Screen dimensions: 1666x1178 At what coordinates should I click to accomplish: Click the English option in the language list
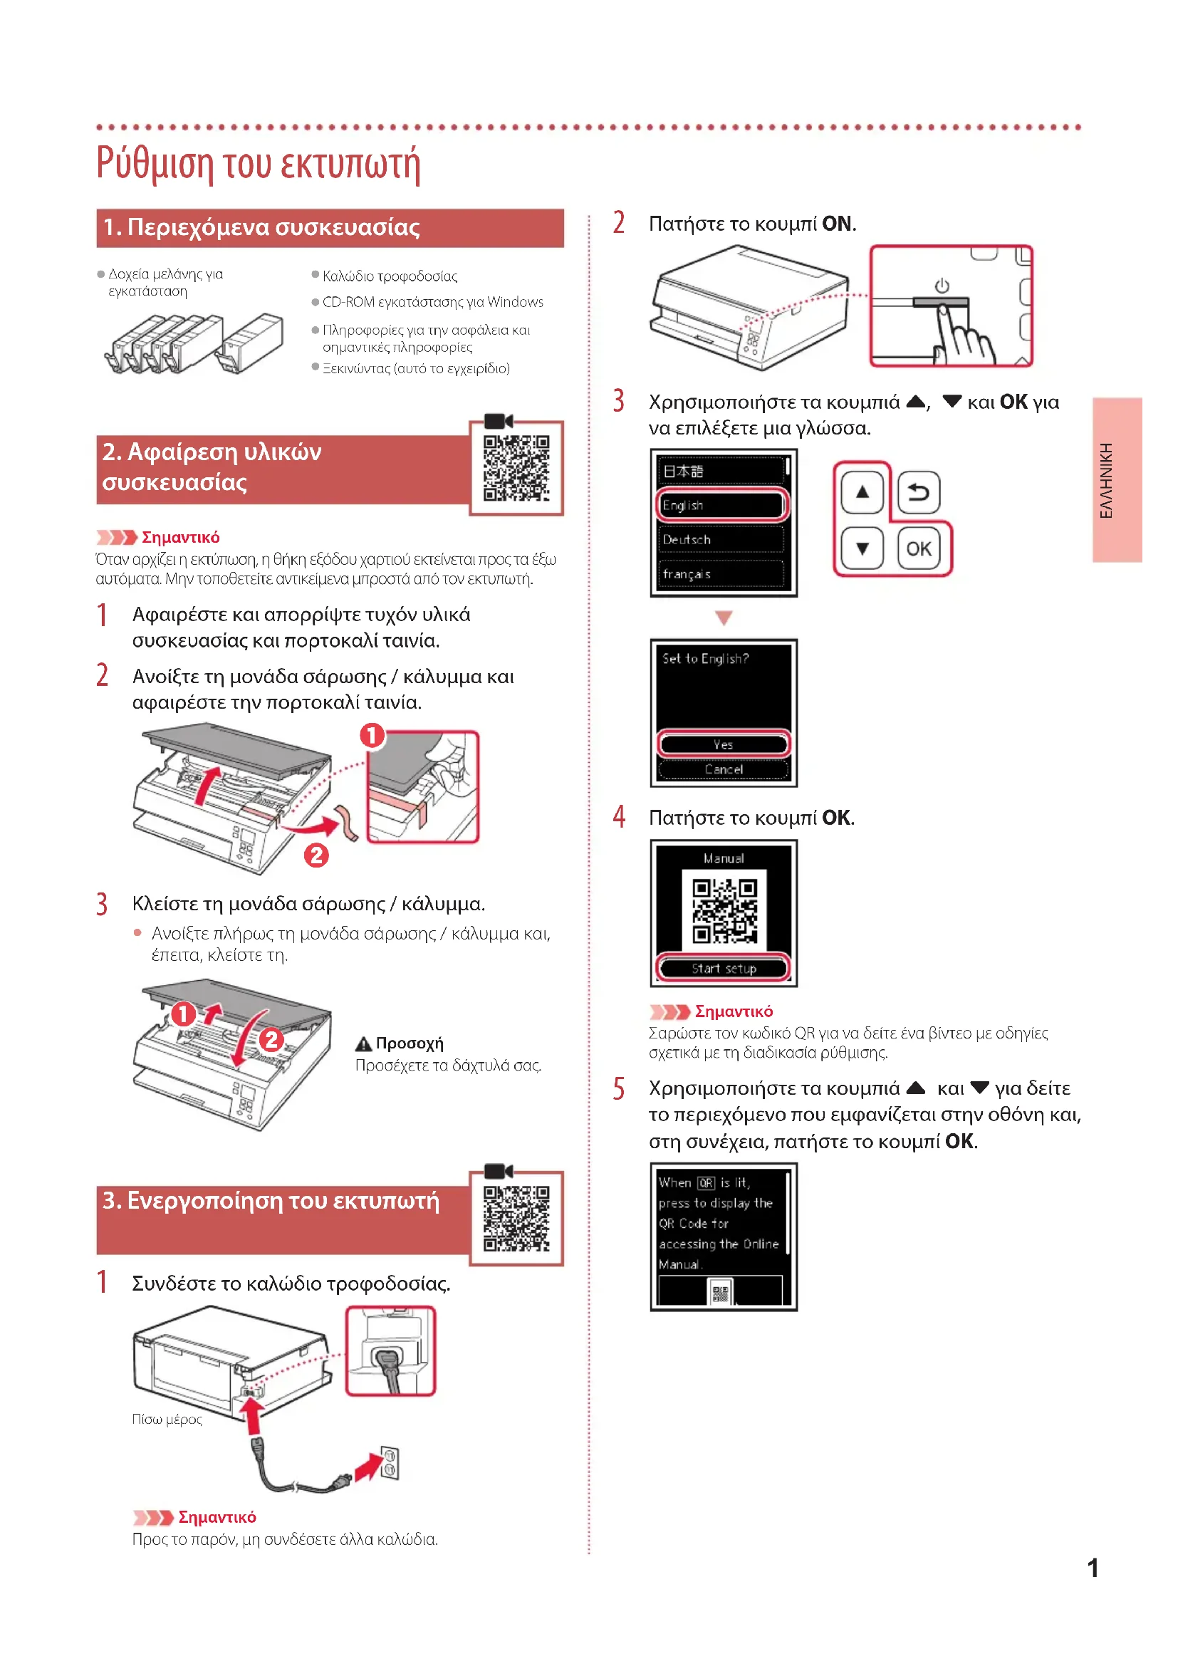click(x=721, y=505)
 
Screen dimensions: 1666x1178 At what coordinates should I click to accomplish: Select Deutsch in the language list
click(x=721, y=539)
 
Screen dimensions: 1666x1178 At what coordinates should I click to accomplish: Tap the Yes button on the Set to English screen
click(x=723, y=744)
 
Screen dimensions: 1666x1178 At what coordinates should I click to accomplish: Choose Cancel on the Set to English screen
click(x=723, y=769)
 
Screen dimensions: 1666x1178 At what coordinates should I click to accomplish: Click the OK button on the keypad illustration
click(x=918, y=548)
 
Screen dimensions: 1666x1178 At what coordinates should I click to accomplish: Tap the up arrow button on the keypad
click(x=862, y=492)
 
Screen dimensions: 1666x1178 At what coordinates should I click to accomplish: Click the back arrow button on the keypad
click(x=918, y=493)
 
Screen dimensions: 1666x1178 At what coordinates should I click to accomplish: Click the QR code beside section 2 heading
click(x=516, y=468)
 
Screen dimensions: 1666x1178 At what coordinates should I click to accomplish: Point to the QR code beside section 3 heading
click(x=516, y=1218)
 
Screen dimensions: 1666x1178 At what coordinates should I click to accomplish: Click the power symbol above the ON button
click(x=942, y=285)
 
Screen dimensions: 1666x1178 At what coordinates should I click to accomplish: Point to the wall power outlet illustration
click(x=390, y=1463)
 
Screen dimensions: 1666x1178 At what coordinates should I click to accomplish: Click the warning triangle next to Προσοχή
click(x=363, y=1044)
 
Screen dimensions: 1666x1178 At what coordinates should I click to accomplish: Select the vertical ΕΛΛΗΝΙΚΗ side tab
click(x=1117, y=479)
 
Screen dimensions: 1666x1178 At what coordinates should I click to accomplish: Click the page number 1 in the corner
click(x=1093, y=1568)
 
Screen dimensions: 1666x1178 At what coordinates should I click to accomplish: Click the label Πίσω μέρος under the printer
click(x=167, y=1420)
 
